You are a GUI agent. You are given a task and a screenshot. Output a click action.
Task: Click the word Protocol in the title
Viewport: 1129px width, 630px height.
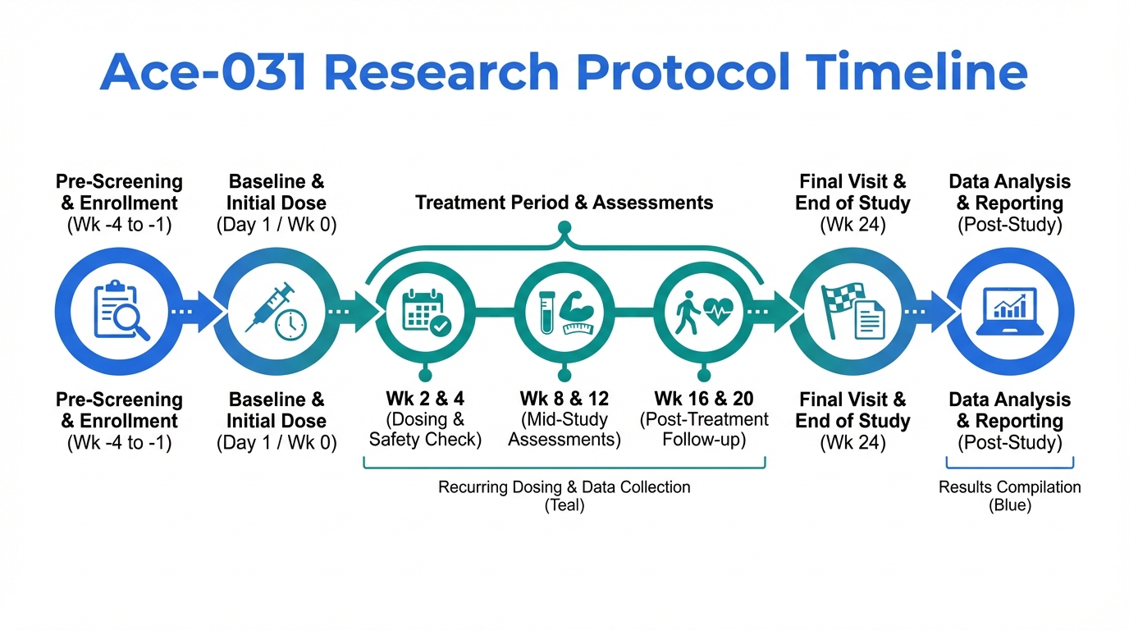tap(683, 71)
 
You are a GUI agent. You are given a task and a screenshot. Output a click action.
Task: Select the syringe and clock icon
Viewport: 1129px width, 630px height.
tap(277, 311)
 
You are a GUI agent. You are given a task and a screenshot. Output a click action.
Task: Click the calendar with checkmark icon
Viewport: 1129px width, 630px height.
tap(427, 313)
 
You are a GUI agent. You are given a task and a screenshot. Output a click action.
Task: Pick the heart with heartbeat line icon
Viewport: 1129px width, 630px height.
tap(718, 311)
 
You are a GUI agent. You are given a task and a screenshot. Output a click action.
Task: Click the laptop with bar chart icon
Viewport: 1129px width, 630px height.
tap(1009, 311)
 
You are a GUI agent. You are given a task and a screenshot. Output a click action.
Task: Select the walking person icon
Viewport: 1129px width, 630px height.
tap(688, 313)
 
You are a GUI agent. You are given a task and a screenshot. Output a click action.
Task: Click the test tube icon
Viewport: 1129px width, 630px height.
tap(546, 313)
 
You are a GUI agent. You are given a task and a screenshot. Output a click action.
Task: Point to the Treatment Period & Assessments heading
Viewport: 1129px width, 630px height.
tap(564, 203)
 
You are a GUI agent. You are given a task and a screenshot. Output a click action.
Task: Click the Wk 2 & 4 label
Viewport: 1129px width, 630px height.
tap(425, 399)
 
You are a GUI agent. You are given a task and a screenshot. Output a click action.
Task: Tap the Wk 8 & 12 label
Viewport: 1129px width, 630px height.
tap(564, 399)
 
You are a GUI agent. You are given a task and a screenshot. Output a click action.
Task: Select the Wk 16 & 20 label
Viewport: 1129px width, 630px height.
tap(704, 399)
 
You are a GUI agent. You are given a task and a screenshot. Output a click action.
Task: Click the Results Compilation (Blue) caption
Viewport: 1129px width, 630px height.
tap(1009, 496)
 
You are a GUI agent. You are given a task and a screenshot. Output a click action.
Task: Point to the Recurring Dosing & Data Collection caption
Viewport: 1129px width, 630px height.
tap(564, 487)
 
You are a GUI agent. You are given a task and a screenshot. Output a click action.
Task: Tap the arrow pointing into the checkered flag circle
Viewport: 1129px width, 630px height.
tap(773, 312)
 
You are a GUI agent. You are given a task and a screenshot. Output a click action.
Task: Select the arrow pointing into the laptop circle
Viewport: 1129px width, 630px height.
tap(930, 312)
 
